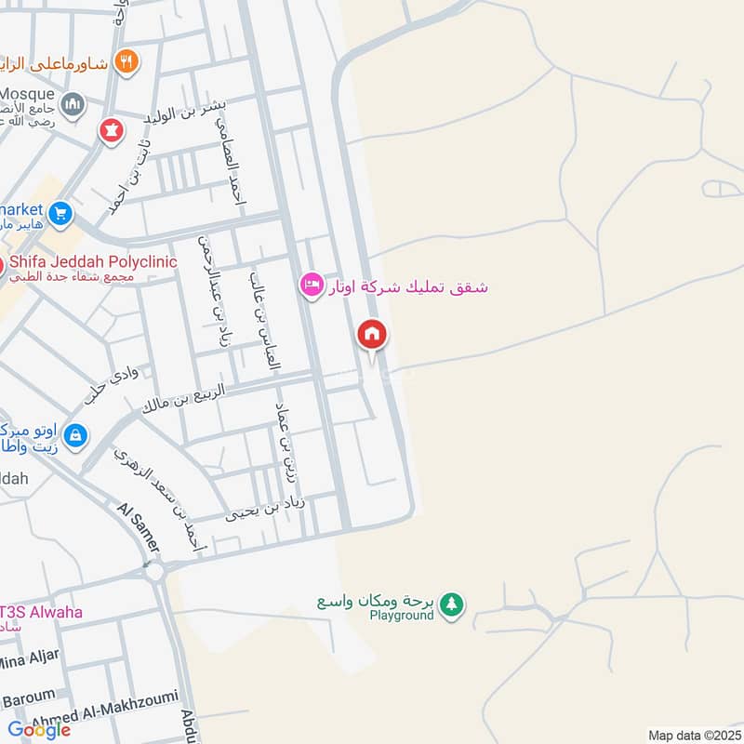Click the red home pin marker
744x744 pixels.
372,335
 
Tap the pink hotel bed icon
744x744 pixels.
312,285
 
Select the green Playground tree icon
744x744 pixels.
452,604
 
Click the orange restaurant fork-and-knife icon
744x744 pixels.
127,62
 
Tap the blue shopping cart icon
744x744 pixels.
60,214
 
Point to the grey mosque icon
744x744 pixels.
74,103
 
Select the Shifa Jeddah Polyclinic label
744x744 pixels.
93,262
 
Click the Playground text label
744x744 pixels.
402,616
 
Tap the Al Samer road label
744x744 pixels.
139,527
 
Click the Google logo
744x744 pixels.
40,730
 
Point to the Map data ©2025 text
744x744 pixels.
692,735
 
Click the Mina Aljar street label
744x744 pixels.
28,659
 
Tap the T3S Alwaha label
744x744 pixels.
41,612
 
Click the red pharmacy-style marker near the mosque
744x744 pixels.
113,131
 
